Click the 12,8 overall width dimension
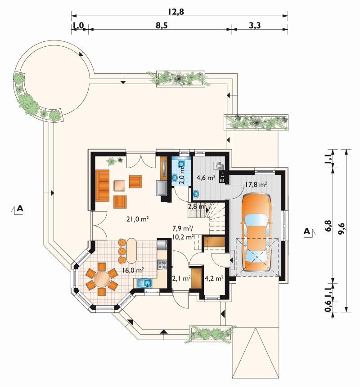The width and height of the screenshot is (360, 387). click(176, 12)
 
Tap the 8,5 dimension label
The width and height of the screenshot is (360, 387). click(162, 25)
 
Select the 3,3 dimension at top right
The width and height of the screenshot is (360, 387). click(255, 25)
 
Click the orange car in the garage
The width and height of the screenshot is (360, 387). click(256, 232)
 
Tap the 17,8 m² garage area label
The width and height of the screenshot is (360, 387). click(256, 184)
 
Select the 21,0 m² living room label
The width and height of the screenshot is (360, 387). click(137, 219)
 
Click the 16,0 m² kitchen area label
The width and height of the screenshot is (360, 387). click(133, 270)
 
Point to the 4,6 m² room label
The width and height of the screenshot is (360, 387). click(206, 178)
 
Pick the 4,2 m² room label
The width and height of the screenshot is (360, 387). click(214, 278)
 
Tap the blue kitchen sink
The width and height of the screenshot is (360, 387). click(144, 283)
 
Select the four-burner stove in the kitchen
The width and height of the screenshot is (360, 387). click(162, 264)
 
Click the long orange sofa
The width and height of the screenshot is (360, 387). click(102, 186)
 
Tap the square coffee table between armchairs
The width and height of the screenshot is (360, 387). click(120, 185)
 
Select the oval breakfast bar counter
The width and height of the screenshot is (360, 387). click(131, 251)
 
